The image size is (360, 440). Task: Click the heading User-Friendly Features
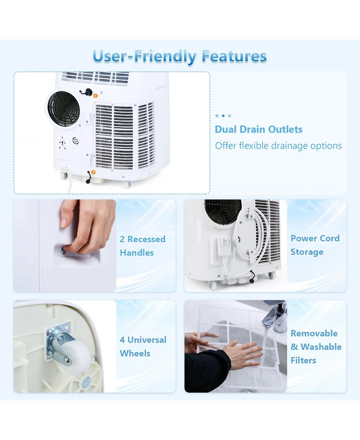180,57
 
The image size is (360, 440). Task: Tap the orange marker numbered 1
95,95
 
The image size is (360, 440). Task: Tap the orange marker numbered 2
93,172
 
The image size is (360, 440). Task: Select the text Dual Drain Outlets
258,130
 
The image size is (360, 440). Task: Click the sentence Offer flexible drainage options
278,146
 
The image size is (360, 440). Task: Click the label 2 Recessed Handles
142,246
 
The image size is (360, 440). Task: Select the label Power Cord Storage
315,245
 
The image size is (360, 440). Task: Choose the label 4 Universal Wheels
143,347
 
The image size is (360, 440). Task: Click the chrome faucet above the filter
274,315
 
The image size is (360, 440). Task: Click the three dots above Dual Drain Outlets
223,116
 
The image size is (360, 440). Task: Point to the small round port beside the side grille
76,141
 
